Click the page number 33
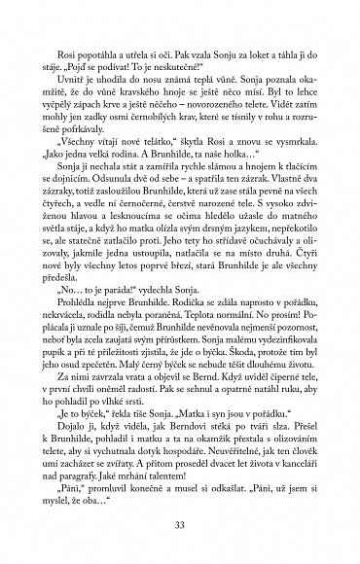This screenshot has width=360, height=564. [180, 525]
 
